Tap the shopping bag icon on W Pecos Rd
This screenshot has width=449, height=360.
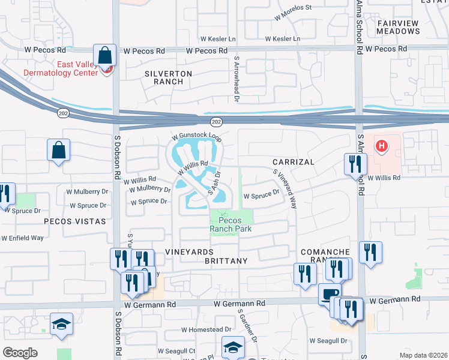tap(105, 55)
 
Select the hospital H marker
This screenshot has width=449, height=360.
tap(381, 146)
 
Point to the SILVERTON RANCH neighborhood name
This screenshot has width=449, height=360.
tap(168, 77)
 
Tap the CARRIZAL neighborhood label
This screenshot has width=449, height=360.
tap(293, 162)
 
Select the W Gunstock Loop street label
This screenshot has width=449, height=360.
tap(196, 137)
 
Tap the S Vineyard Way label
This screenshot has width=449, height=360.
tap(285, 188)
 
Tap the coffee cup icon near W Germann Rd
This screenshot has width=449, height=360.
tap(328, 294)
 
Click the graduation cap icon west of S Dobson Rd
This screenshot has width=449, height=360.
tap(61, 323)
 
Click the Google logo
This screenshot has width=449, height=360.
tap(20, 353)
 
